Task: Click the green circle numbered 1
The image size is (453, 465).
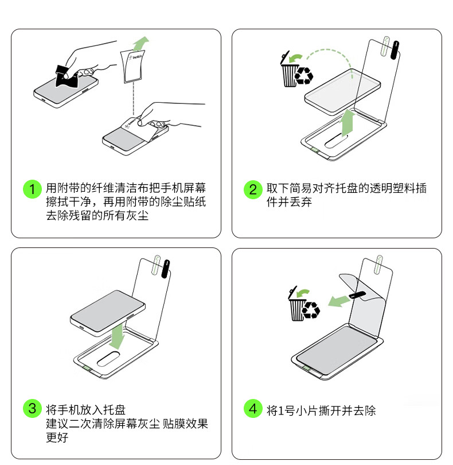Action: click(x=32, y=189)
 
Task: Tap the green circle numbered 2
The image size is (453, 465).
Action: click(x=253, y=189)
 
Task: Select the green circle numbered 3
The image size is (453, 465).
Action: click(x=32, y=408)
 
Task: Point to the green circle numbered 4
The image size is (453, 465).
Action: click(x=253, y=408)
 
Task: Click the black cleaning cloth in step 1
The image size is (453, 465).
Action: click(x=67, y=77)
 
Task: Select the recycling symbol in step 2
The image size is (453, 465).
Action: click(x=304, y=76)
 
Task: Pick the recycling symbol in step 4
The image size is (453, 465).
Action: click(x=311, y=310)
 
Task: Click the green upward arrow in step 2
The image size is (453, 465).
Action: click(x=349, y=122)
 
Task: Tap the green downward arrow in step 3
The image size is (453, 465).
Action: click(x=117, y=336)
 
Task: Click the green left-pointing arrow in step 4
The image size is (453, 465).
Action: click(x=339, y=300)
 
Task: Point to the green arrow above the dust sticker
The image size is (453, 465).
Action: click(x=140, y=44)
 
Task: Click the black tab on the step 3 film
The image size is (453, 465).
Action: click(x=166, y=269)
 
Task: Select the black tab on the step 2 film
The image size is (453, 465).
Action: click(x=395, y=50)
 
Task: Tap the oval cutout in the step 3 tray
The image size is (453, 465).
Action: click(x=108, y=359)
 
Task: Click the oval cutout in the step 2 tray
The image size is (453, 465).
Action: click(x=336, y=141)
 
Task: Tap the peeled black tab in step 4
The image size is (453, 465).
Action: click(x=358, y=294)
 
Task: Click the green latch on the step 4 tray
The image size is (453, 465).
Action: click(x=307, y=369)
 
